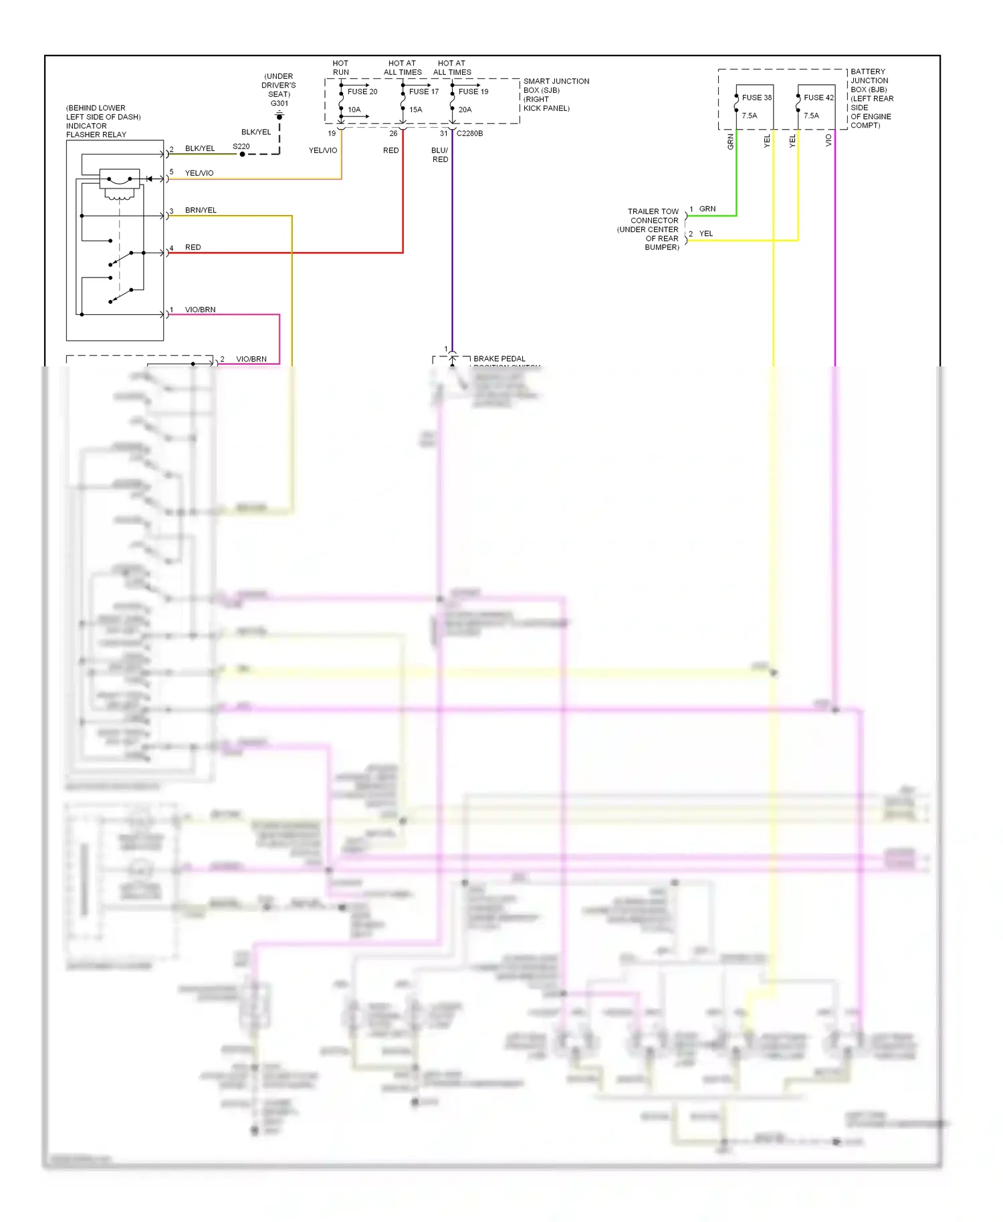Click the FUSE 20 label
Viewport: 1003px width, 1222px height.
click(x=362, y=92)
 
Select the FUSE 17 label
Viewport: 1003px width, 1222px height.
click(x=424, y=92)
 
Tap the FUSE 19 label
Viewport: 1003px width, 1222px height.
click(x=473, y=92)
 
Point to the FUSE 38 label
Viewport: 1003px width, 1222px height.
click(x=756, y=98)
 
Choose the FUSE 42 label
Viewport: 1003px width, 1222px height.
click(x=818, y=98)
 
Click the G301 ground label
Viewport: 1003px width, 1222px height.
click(x=279, y=103)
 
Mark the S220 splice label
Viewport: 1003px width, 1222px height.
click(x=241, y=146)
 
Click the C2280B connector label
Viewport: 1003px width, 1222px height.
click(x=469, y=134)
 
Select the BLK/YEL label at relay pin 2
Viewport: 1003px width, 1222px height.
click(x=200, y=148)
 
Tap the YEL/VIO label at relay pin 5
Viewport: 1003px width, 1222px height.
click(x=199, y=173)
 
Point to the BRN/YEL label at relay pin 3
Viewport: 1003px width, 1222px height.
click(x=201, y=211)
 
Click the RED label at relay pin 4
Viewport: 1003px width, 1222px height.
click(x=193, y=247)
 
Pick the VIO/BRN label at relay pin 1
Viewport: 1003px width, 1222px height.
click(x=200, y=310)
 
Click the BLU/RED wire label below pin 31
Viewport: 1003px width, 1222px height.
click(x=440, y=155)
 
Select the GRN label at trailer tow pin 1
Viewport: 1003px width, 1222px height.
click(x=707, y=209)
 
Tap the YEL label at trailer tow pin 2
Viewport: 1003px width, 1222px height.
click(x=705, y=234)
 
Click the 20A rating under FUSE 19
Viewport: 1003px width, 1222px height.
click(x=465, y=110)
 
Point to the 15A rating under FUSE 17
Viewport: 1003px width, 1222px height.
click(x=415, y=110)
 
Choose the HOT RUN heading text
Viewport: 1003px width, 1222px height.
click(x=340, y=68)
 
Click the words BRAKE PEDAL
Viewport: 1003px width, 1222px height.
click(x=499, y=359)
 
